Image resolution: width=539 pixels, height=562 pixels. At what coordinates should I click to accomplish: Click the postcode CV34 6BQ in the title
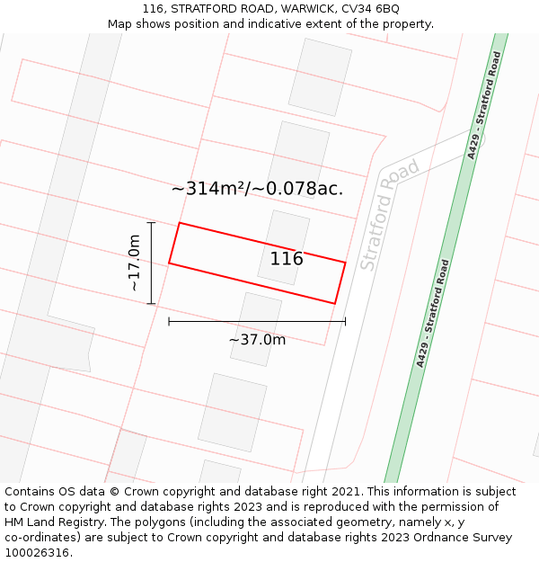coord(370,9)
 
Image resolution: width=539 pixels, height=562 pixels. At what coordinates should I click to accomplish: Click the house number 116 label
coord(287,259)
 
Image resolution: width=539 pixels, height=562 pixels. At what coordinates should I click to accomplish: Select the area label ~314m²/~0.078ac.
coord(257,189)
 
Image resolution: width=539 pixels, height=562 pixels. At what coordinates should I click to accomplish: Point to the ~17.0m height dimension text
coord(134,263)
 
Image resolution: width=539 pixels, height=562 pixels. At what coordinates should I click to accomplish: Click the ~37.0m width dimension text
coord(257,340)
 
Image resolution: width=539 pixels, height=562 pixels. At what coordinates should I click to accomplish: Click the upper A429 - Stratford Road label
coord(483,105)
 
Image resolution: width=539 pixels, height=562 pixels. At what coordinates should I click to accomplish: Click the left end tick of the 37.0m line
coord(169,320)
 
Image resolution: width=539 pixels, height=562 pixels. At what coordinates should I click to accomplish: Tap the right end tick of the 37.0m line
coord(345,320)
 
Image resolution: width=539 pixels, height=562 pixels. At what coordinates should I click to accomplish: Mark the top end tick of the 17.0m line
coord(151,223)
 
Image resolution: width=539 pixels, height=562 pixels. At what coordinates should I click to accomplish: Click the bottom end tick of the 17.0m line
coord(151,304)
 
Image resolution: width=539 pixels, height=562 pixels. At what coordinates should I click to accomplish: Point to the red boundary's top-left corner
coord(180,223)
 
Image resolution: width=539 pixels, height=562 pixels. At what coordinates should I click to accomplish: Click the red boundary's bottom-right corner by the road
coord(335,304)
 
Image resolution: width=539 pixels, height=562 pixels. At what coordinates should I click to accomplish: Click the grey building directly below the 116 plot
coord(255,329)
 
